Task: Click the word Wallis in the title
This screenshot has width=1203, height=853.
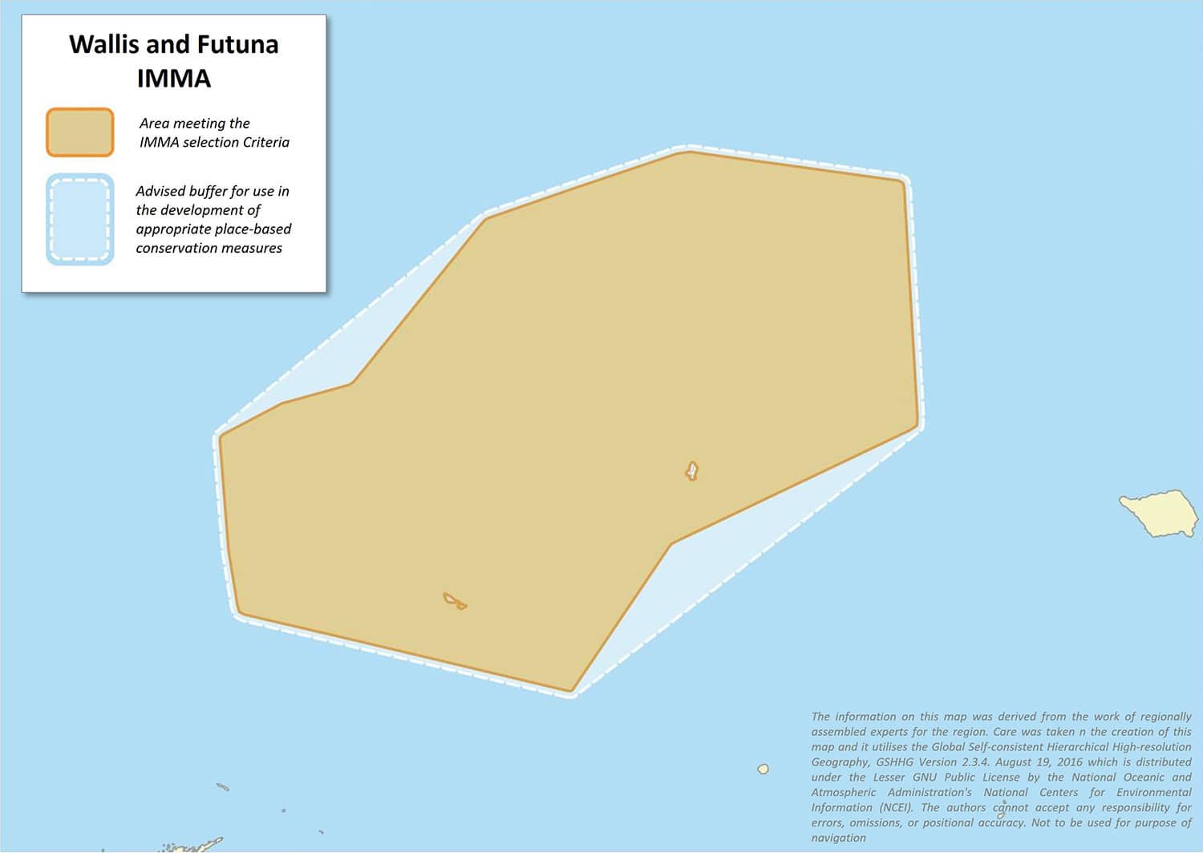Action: [104, 44]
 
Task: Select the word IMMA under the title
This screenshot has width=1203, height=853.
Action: [173, 79]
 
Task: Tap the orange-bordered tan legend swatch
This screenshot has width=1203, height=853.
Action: [79, 132]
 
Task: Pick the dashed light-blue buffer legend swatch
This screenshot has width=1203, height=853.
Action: [79, 219]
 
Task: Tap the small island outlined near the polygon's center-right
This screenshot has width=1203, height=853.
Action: [692, 470]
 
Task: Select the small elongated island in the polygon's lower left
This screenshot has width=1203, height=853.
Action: [455, 600]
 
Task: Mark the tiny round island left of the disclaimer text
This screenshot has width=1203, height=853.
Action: [764, 769]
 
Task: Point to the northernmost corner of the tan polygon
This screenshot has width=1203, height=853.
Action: [688, 151]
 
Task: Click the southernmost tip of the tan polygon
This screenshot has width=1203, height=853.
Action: [571, 690]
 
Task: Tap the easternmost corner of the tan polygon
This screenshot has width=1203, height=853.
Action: [917, 425]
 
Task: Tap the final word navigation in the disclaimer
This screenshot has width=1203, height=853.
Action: [838, 838]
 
